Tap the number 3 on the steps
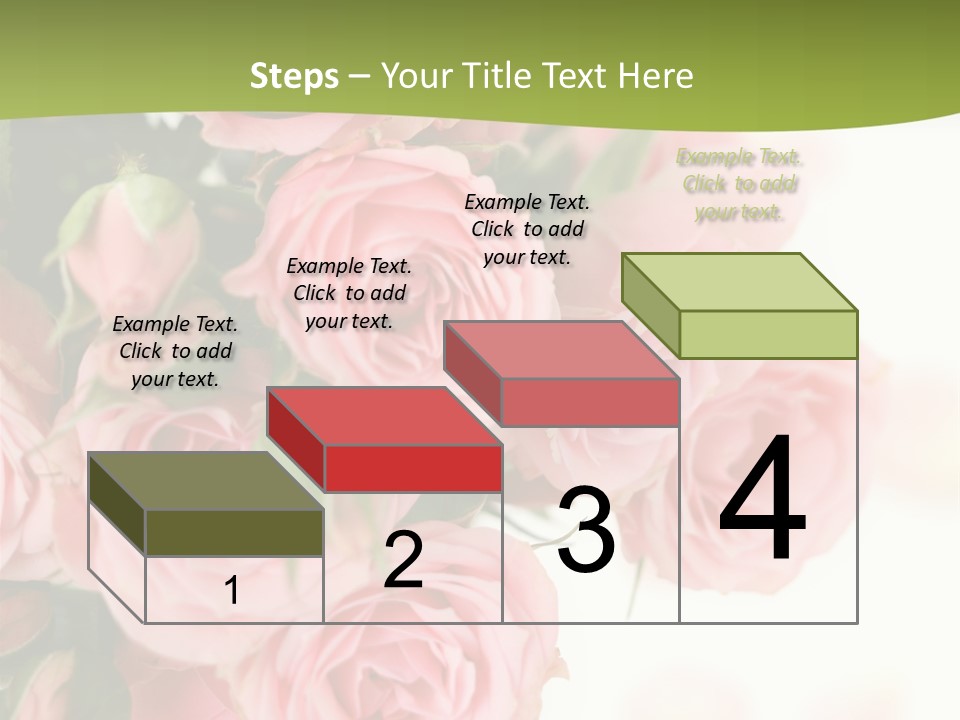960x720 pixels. point(586,529)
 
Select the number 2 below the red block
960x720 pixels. point(403,560)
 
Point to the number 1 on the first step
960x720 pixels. point(231,591)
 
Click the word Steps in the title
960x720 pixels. point(294,76)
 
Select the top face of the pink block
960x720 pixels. point(561,350)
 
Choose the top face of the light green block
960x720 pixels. point(739,282)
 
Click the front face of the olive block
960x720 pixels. point(234,532)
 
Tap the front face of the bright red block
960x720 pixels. point(413,468)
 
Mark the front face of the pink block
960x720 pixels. point(590,402)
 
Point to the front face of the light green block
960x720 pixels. point(768,334)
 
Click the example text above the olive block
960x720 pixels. point(175,351)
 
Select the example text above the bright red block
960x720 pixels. point(349,293)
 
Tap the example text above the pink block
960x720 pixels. point(527,229)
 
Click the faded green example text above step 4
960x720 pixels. point(740,184)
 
